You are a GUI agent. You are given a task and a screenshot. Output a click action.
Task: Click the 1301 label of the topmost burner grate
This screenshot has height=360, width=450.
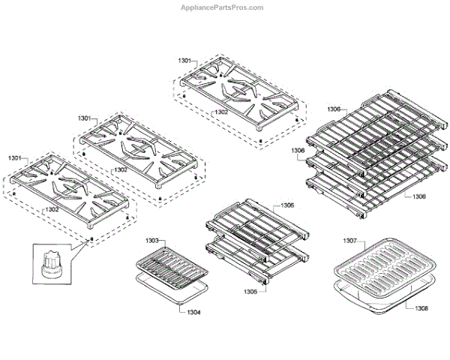pyautogui.click(x=185, y=59)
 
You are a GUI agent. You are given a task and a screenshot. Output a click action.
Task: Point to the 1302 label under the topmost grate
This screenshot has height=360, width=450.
pyautogui.click(x=220, y=112)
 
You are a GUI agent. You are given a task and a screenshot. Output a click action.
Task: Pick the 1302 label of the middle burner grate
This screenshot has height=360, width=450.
pyautogui.click(x=121, y=169)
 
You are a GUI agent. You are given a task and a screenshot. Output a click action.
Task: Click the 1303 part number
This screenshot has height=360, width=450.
pyautogui.click(x=152, y=241)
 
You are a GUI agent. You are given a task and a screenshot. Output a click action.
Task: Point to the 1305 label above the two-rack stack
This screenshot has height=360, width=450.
pyautogui.click(x=287, y=205)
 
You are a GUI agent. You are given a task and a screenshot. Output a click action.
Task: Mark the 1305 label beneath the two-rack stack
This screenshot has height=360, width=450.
pyautogui.click(x=250, y=291)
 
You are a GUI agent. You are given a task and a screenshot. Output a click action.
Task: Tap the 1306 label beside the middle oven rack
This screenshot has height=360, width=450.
pyautogui.click(x=298, y=150)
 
